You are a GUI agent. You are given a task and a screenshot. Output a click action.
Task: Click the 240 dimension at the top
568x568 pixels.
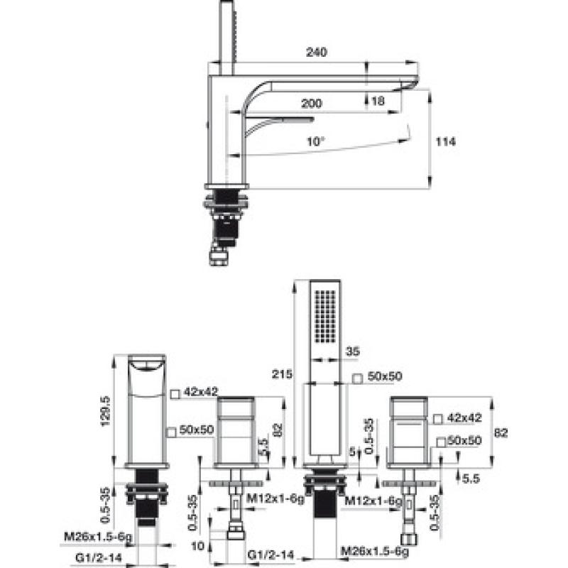pyautogui.click(x=316, y=52)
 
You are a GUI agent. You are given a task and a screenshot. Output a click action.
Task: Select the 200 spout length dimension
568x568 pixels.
pyautogui.click(x=312, y=104)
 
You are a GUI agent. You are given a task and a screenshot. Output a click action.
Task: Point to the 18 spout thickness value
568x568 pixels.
pyautogui.click(x=378, y=101)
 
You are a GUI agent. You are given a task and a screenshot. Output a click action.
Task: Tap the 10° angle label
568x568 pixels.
pyautogui.click(x=316, y=141)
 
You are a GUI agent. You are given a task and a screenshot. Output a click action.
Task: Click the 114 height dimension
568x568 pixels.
pyautogui.click(x=446, y=141)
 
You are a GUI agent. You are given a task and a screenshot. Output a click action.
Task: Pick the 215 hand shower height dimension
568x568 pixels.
pyautogui.click(x=282, y=374)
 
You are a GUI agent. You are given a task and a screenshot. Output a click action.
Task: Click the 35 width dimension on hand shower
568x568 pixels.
pyautogui.click(x=352, y=351)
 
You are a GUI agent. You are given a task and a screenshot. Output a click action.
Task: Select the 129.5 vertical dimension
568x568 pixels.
pyautogui.click(x=105, y=411)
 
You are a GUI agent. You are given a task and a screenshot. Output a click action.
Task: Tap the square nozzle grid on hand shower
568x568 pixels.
pyautogui.click(x=325, y=316)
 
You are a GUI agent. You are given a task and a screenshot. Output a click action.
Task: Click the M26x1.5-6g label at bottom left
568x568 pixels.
pyautogui.click(x=98, y=537)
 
